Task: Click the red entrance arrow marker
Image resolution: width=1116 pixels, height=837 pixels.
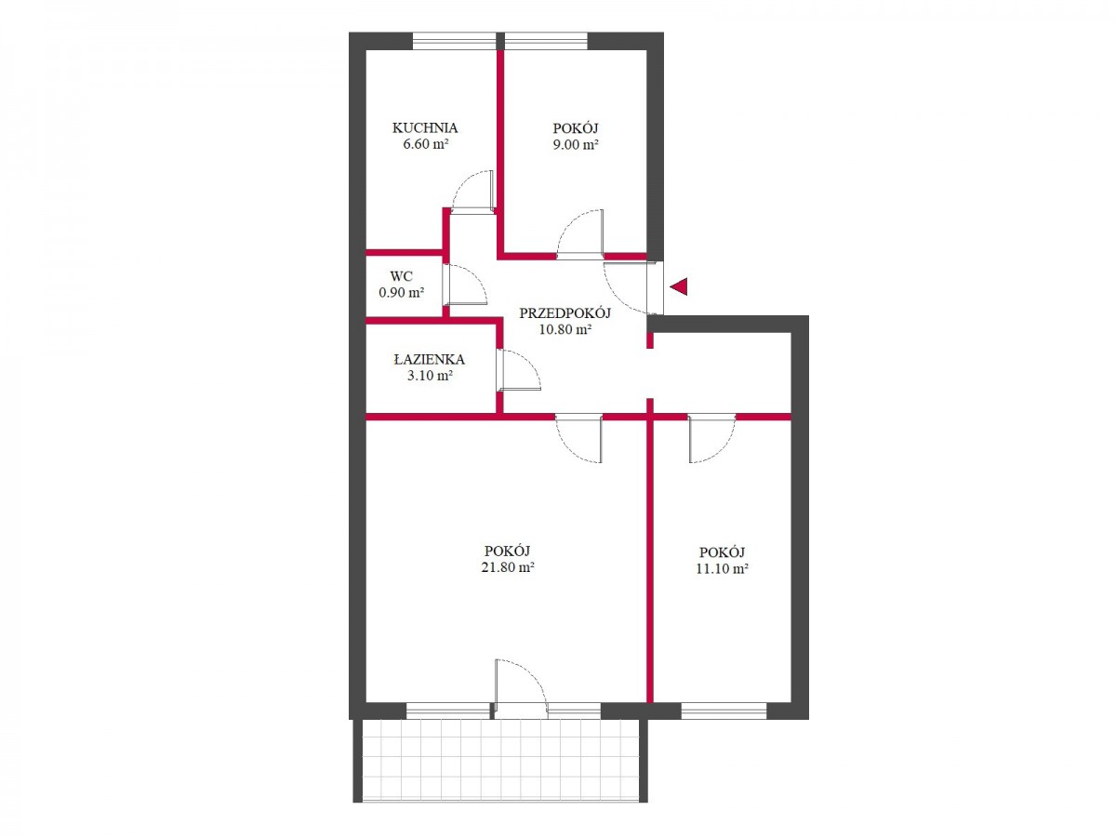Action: coord(679,286)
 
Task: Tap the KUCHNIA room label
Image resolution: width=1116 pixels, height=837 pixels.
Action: coord(424,128)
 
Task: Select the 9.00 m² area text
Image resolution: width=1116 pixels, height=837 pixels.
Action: coord(575,144)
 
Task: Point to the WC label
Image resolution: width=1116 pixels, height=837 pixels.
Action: coord(401,276)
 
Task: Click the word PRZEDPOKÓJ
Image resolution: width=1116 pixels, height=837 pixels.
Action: coord(565,313)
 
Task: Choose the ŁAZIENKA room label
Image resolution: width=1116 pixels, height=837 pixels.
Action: coord(429,360)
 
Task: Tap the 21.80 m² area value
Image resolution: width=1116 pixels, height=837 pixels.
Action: coord(507,567)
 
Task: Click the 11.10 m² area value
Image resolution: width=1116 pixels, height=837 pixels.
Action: coord(722,568)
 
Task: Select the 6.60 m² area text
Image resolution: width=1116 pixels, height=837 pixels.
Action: coord(426,144)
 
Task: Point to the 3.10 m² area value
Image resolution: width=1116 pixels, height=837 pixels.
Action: coord(430,376)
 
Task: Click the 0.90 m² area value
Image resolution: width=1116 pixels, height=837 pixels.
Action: coord(401,293)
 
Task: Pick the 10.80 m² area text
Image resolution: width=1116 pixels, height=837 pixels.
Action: coord(565,329)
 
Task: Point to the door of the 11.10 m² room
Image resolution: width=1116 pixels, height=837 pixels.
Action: coord(711,438)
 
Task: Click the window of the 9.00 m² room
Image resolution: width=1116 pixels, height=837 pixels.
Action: coord(546,41)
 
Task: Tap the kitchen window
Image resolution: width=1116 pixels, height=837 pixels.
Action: coord(454,41)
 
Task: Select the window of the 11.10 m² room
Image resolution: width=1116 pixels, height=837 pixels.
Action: coord(724,711)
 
